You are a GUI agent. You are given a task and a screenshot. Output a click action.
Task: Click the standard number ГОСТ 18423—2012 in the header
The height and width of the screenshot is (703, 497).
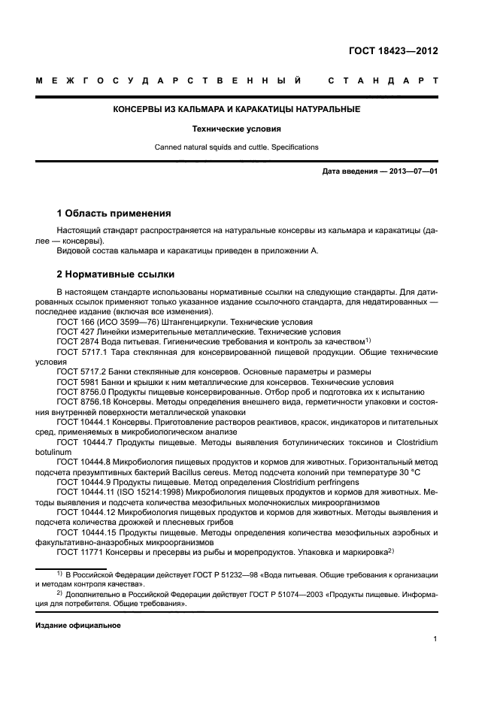click(393, 51)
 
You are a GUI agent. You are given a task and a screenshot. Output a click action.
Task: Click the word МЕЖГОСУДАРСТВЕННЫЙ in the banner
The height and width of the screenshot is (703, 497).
click(171, 80)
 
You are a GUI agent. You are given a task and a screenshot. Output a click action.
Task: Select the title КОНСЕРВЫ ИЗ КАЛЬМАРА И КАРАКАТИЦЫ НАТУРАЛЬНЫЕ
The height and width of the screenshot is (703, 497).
click(236, 110)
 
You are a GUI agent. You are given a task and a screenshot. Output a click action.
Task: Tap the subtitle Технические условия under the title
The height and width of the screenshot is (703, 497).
click(236, 129)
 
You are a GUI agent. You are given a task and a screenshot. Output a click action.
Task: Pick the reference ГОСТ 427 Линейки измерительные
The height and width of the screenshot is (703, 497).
click(135, 331)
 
